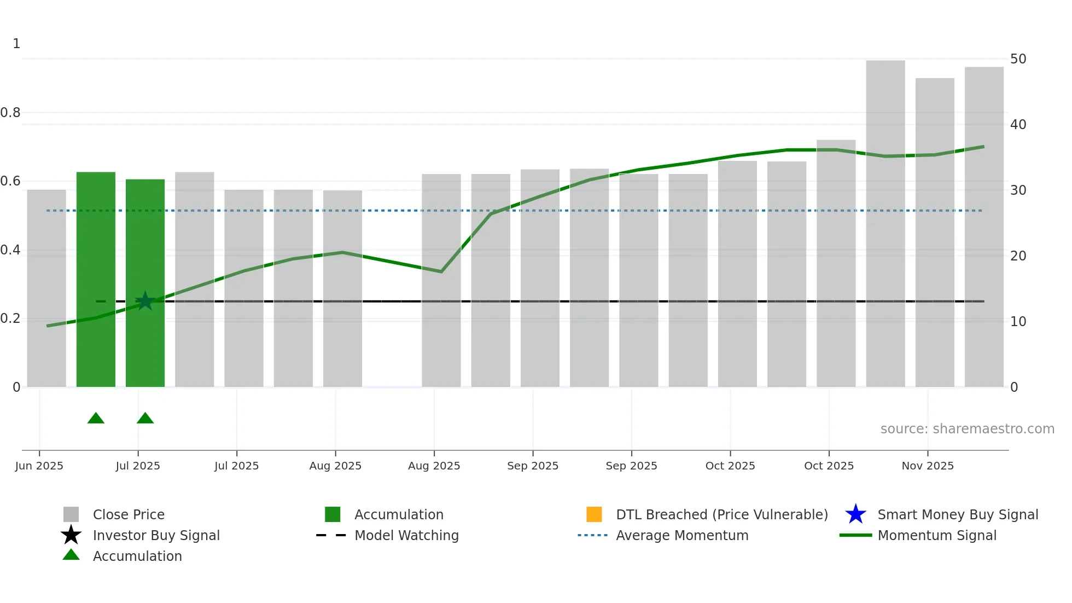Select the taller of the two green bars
click(x=96, y=279)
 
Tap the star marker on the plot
click(x=145, y=301)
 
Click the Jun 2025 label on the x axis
click(x=39, y=466)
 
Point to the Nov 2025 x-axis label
click(x=928, y=466)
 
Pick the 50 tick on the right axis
click(x=1018, y=59)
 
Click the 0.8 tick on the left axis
click(x=10, y=113)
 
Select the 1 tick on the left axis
click(x=16, y=44)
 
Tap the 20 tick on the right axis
click(x=1018, y=256)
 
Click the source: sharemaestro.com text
click(x=967, y=429)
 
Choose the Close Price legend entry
click(x=129, y=515)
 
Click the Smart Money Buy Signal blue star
click(x=855, y=514)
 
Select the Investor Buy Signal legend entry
click(x=156, y=536)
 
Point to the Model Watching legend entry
click(x=406, y=536)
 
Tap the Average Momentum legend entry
click(x=682, y=536)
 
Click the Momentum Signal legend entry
click(x=937, y=536)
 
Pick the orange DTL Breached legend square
click(x=594, y=514)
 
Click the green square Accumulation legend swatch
click(x=333, y=514)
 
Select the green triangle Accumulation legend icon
click(x=71, y=555)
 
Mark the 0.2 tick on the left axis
click(x=10, y=318)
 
